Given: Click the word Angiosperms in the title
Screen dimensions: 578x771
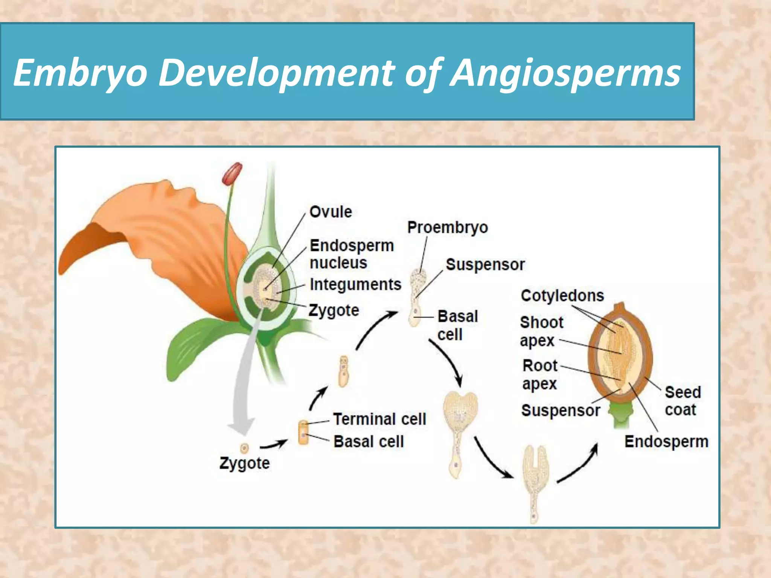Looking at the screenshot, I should point(565,73).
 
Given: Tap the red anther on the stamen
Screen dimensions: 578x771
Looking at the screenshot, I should point(232,173).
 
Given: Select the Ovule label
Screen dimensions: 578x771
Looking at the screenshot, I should point(331,212).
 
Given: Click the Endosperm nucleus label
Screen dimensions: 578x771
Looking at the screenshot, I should point(351,254).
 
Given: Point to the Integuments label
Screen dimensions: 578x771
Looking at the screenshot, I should point(355,284).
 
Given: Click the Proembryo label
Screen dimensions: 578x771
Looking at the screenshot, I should point(447,227).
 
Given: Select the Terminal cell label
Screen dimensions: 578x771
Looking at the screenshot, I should point(379,419).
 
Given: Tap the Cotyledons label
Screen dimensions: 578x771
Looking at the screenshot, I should point(562,295).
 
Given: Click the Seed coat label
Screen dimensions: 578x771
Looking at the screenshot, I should point(682,401).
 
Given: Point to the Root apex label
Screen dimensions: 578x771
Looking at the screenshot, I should point(539,374).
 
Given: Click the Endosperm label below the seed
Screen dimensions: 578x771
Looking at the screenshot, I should point(666,441).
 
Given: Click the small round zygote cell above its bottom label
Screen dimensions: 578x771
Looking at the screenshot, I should point(245,448).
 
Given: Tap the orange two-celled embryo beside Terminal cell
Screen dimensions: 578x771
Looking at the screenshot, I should point(303,433).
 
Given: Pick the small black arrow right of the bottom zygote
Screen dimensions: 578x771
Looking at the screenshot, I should point(274,445).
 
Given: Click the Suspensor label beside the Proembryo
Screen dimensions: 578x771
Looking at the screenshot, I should point(485,265).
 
